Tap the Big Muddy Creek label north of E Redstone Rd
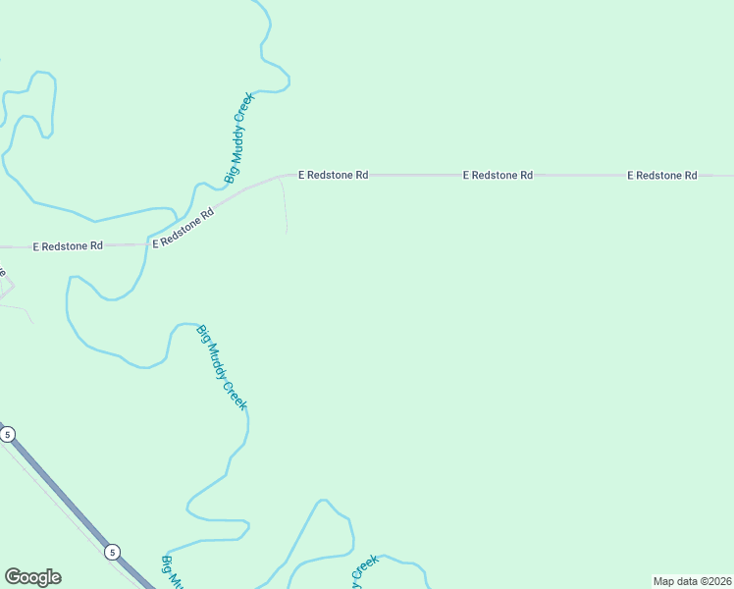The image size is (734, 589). click(x=239, y=138)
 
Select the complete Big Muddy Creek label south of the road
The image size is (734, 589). click(x=222, y=367)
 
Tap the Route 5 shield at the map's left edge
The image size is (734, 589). click(x=8, y=434)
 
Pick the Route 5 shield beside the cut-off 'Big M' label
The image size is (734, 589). click(x=113, y=552)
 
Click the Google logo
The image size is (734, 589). click(x=32, y=577)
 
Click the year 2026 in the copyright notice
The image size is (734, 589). click(x=718, y=581)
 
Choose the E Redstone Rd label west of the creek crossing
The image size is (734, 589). click(x=68, y=245)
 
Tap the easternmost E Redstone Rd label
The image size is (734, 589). click(x=662, y=175)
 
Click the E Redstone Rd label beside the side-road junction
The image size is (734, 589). click(x=333, y=175)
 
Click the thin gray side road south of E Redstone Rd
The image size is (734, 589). click(x=285, y=206)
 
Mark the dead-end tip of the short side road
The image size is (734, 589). click(x=287, y=233)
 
